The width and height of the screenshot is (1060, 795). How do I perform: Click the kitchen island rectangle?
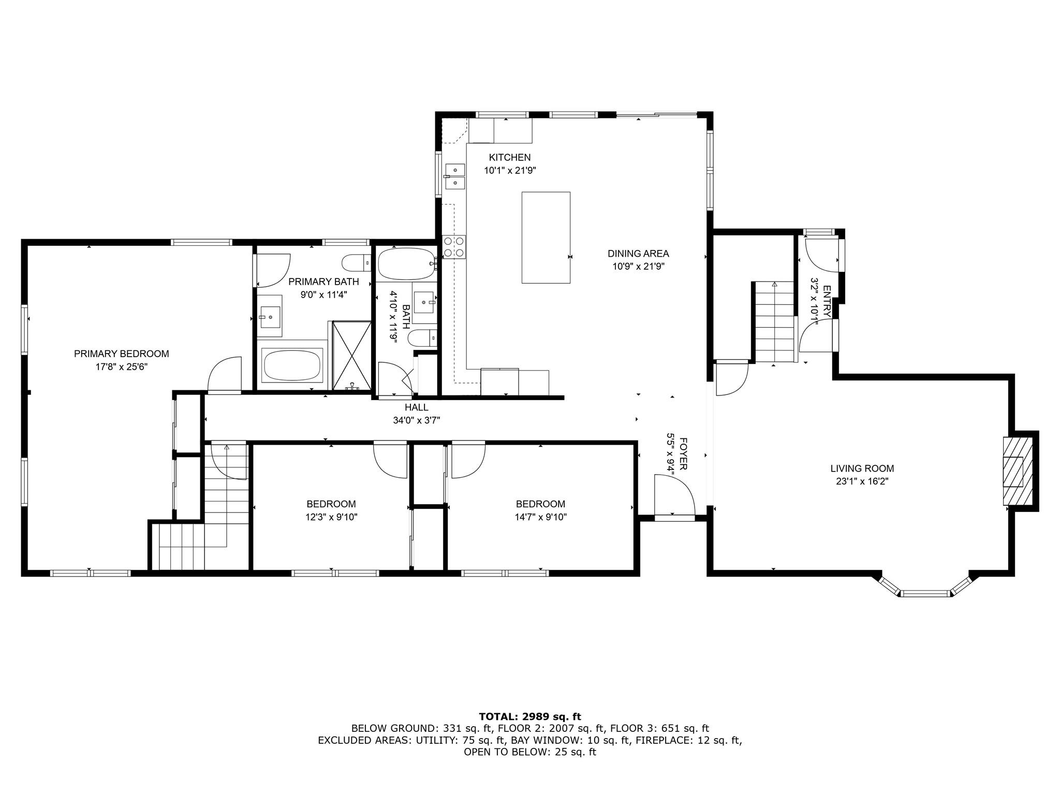546,238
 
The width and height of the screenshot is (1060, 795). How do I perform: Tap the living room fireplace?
1013,470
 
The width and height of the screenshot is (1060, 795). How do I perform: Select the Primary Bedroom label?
122,354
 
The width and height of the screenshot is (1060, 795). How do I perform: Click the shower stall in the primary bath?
352,355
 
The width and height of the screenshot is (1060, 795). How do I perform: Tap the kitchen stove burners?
454,246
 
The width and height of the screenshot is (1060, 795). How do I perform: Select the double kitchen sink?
454,176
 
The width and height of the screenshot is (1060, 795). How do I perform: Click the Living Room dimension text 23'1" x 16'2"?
862,481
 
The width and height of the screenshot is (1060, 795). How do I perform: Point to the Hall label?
417,407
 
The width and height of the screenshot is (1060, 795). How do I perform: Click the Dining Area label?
638,254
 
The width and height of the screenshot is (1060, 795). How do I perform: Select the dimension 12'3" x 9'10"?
331,517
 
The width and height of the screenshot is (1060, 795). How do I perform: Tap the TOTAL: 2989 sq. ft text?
530,717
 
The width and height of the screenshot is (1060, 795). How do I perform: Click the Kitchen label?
510,157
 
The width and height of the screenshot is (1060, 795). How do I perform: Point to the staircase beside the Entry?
774,322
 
